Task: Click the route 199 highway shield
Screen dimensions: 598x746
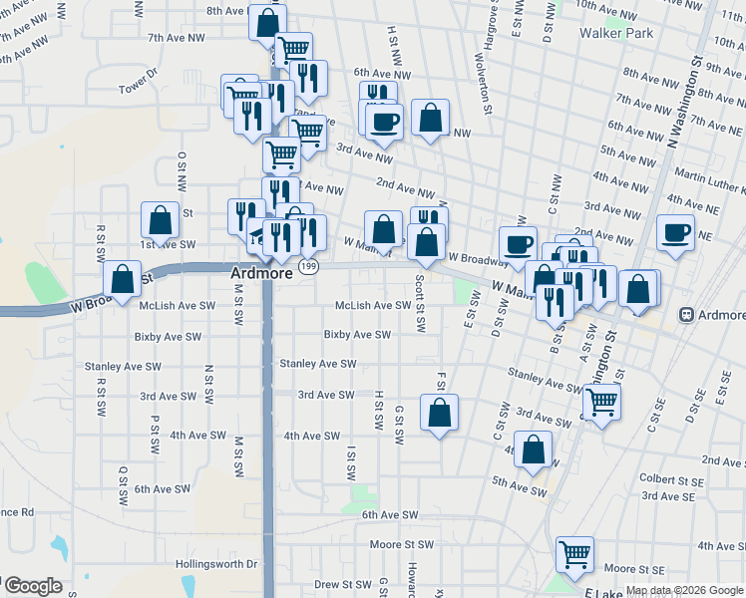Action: pyautogui.click(x=310, y=266)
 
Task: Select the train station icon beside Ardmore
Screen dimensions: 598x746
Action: pyautogui.click(x=686, y=314)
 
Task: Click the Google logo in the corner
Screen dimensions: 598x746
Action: pyautogui.click(x=32, y=586)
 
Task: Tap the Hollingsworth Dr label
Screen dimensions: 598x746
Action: pyautogui.click(x=216, y=564)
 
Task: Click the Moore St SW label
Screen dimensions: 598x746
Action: pyautogui.click(x=402, y=545)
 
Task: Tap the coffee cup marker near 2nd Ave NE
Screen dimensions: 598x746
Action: pyautogui.click(x=676, y=233)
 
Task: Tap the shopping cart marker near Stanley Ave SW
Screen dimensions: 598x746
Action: pyautogui.click(x=600, y=403)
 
